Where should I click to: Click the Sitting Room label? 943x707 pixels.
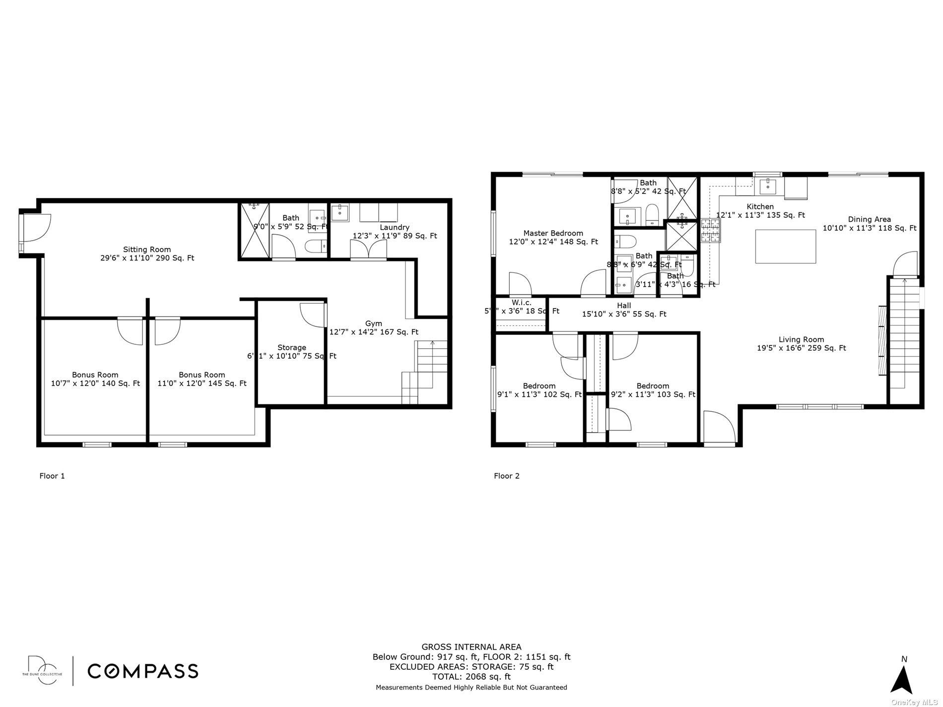(147, 250)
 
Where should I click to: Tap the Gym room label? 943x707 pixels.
(373, 323)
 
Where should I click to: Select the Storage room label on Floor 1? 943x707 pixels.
(291, 348)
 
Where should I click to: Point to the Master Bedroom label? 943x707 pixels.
(553, 233)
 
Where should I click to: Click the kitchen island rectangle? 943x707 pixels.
(785, 246)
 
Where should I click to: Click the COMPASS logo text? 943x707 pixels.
(143, 671)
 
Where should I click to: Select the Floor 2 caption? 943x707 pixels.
(506, 476)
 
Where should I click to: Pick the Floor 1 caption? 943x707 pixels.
(52, 476)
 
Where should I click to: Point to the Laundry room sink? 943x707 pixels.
(340, 213)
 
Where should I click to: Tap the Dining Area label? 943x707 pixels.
(869, 219)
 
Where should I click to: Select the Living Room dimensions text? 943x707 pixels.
(801, 348)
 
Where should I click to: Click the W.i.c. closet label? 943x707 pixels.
(521, 303)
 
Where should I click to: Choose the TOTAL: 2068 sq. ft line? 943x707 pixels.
(471, 676)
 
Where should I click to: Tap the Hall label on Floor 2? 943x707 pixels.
(624, 306)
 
